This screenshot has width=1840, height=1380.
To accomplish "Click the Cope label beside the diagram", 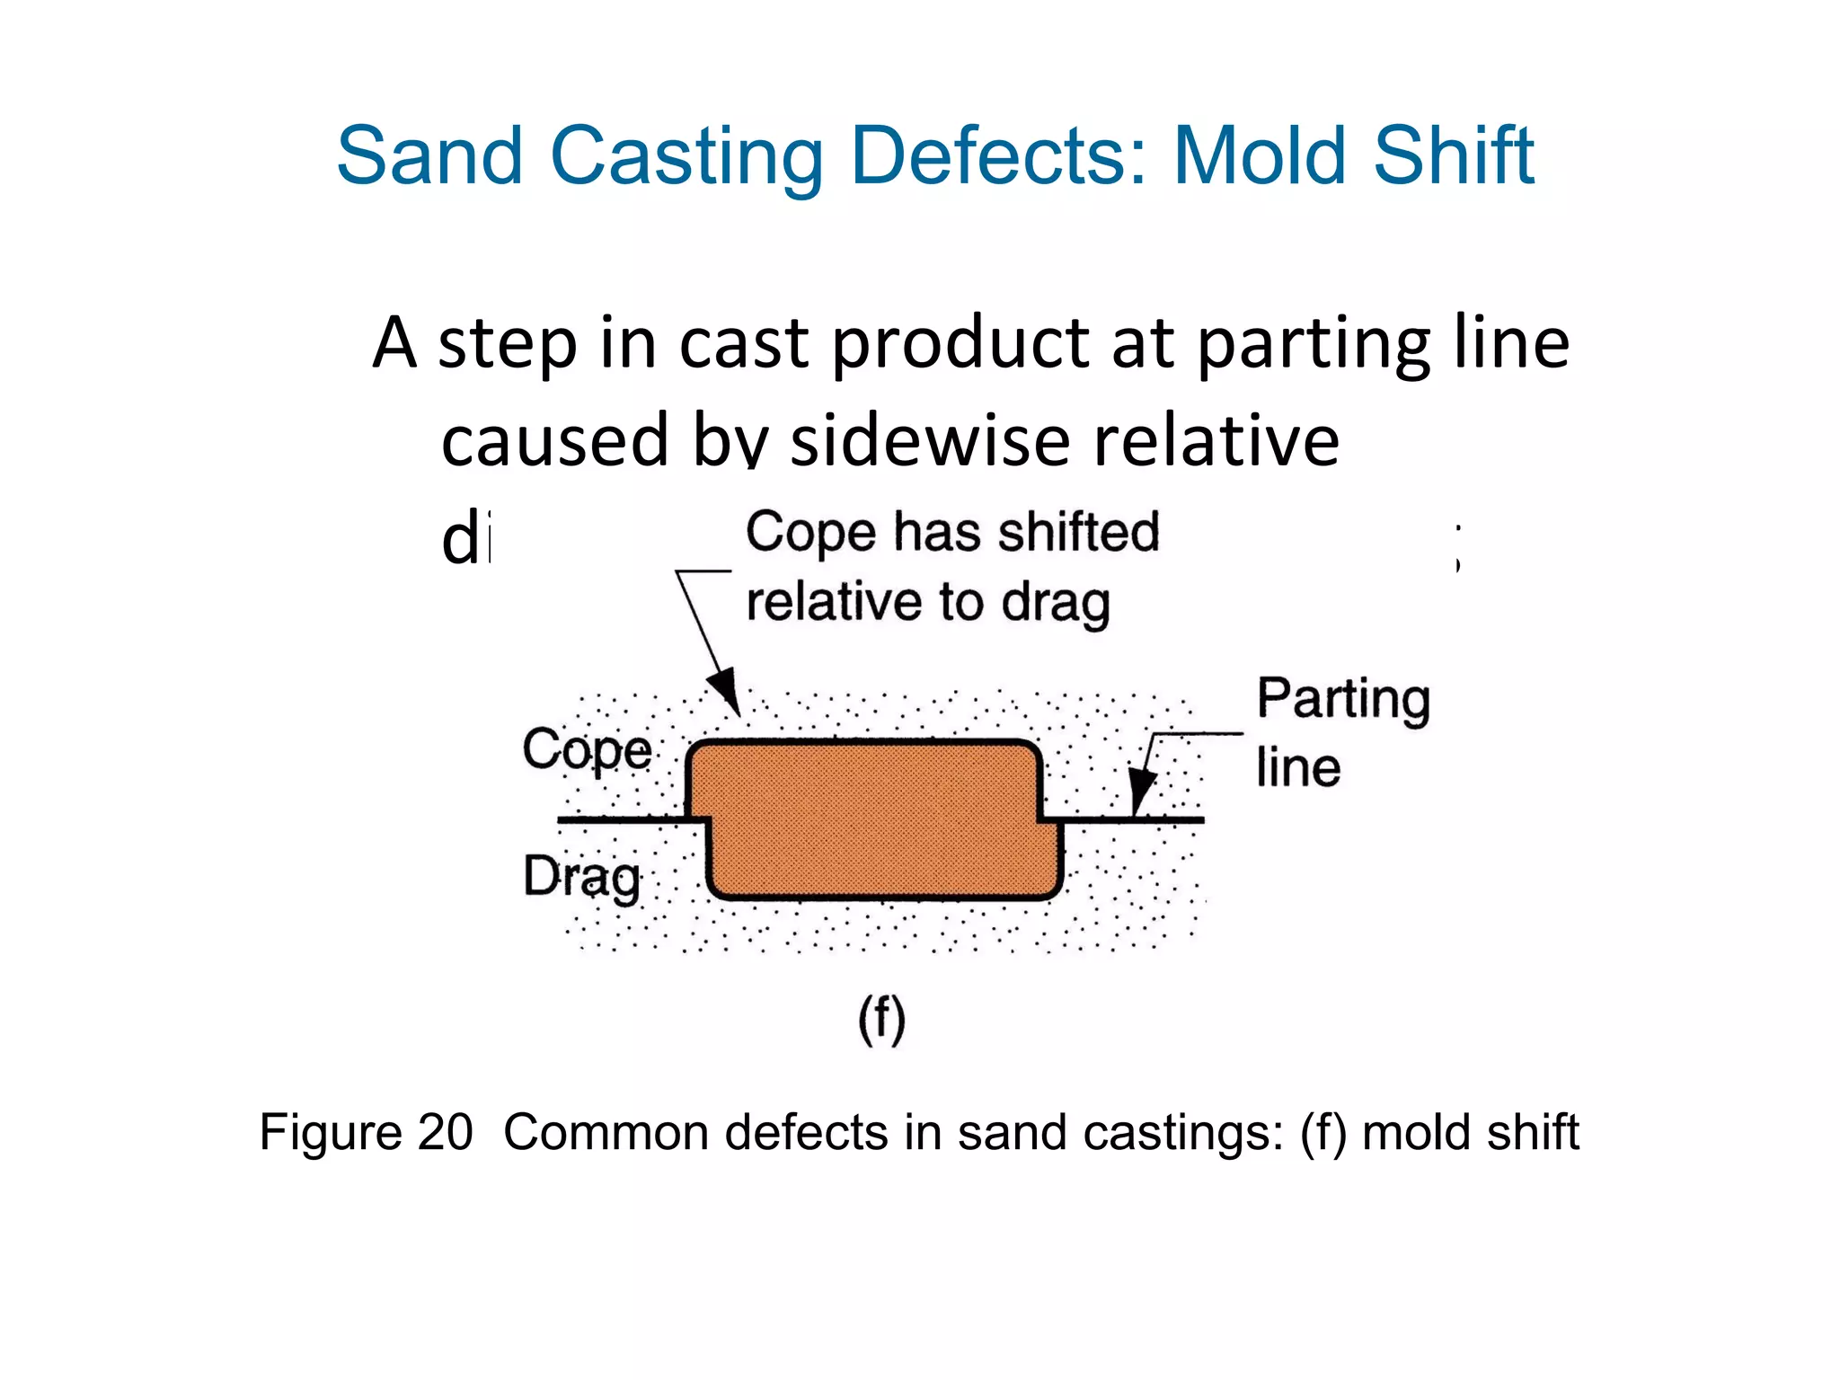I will [x=588, y=749].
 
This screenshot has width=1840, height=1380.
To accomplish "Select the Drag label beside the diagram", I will [x=582, y=877].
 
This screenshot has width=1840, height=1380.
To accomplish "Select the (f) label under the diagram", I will [x=881, y=1019].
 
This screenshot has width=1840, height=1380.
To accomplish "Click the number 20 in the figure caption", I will [x=445, y=1132].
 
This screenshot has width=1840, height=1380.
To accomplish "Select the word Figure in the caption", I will [x=330, y=1132].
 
